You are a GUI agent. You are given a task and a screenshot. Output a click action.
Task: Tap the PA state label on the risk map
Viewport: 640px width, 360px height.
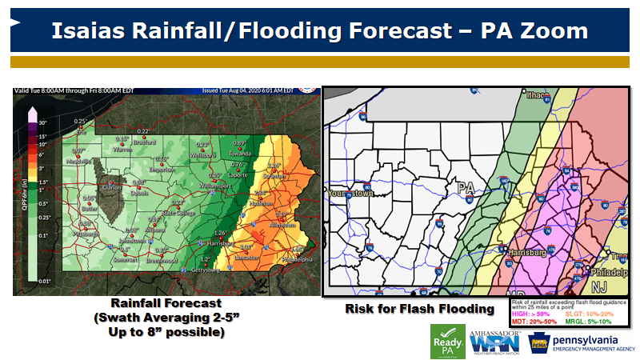(466, 190)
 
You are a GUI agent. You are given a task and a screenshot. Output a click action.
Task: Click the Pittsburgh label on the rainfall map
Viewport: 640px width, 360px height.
(85, 234)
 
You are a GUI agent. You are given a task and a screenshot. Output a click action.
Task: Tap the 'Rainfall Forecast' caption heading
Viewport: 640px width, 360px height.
(166, 304)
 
